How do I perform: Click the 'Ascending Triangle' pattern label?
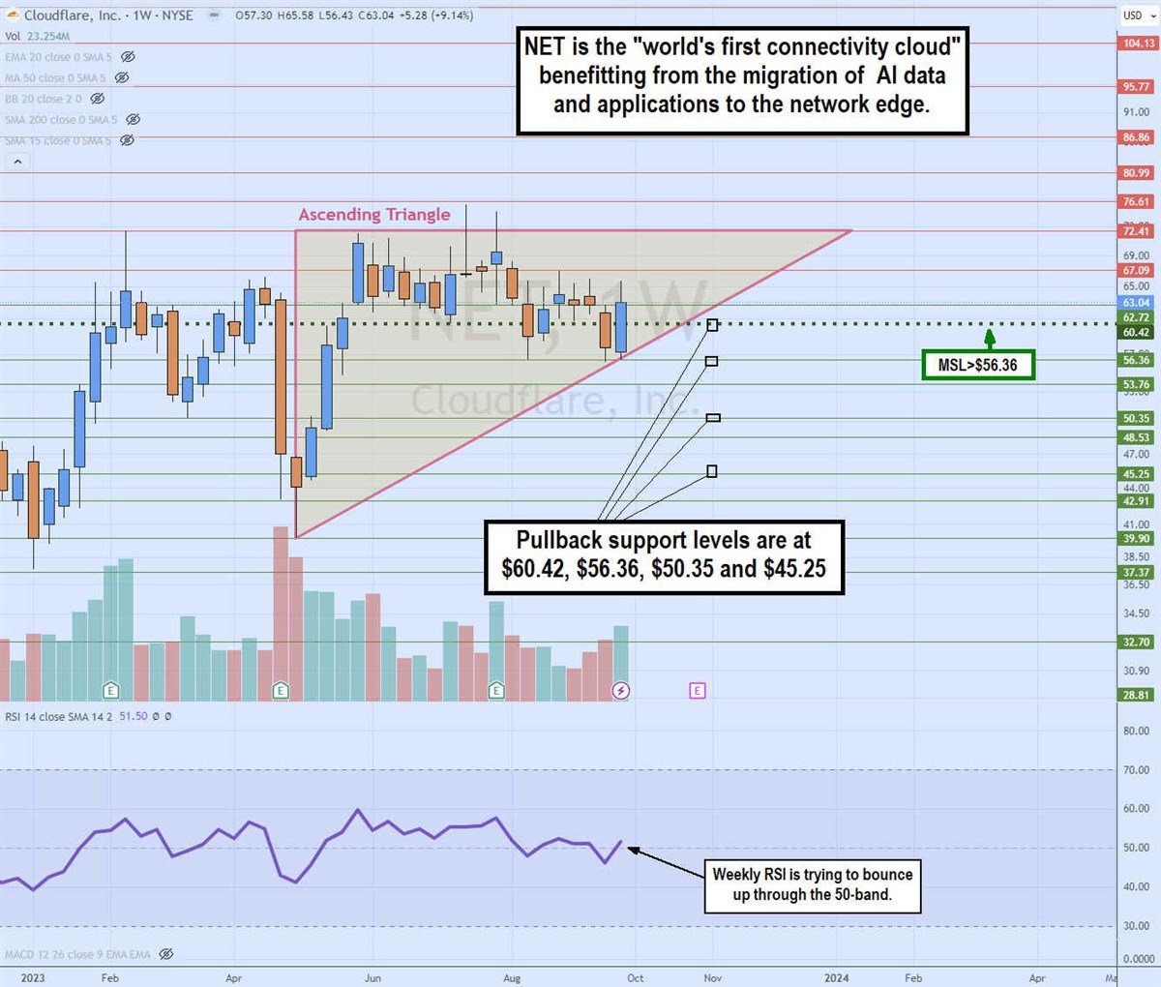(x=374, y=215)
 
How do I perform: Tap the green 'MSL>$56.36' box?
(x=977, y=365)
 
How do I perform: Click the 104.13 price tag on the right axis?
(x=1138, y=44)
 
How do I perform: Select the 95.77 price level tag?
(x=1138, y=87)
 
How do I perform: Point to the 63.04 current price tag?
(x=1138, y=303)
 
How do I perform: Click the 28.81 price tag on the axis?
(x=1138, y=696)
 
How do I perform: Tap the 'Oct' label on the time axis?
(x=636, y=977)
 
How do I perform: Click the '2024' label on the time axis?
(x=836, y=977)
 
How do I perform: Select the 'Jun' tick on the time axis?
(x=372, y=977)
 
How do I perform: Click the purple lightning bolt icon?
(x=621, y=690)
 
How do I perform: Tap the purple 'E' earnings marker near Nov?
(x=698, y=690)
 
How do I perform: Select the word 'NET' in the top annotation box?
(x=545, y=46)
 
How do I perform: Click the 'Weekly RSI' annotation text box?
(x=812, y=884)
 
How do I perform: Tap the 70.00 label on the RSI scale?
(x=1136, y=770)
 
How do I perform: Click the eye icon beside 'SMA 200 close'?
(x=134, y=120)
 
